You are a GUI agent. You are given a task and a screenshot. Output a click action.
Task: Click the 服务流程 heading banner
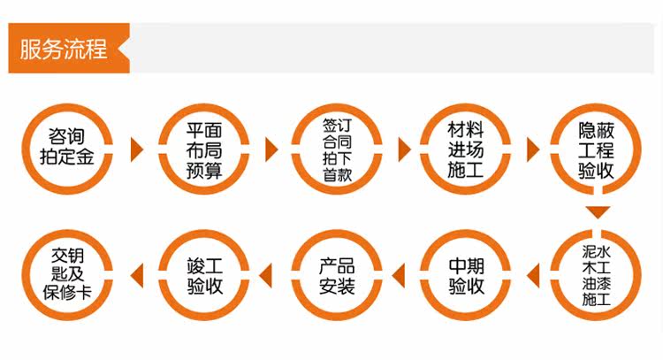65,49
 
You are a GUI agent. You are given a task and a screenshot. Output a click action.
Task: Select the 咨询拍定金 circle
67,148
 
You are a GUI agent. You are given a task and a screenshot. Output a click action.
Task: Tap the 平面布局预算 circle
202,148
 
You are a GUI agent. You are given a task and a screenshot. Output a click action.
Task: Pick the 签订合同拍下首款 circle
337,149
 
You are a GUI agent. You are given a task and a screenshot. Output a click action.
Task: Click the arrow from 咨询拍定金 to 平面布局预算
136,149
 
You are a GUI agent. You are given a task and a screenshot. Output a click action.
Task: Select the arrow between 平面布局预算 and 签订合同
271,149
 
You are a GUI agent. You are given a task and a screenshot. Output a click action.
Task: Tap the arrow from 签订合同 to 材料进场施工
404,149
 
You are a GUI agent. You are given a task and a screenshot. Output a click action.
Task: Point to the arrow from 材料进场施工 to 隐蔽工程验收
533,149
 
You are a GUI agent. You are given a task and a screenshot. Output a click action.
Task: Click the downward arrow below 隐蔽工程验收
598,212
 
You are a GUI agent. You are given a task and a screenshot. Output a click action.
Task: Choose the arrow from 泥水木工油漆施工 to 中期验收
533,275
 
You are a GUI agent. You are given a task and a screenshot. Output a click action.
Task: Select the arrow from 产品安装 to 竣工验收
271,275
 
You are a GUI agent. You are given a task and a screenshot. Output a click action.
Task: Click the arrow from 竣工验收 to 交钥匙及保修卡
136,275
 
